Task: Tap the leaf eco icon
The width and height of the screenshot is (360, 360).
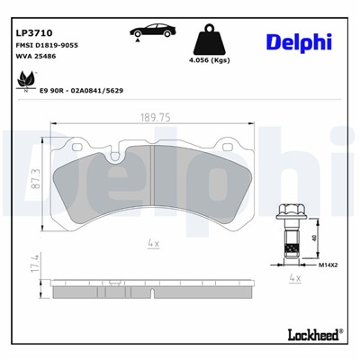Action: click(21, 83)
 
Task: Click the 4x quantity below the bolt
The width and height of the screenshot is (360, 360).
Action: click(292, 280)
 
